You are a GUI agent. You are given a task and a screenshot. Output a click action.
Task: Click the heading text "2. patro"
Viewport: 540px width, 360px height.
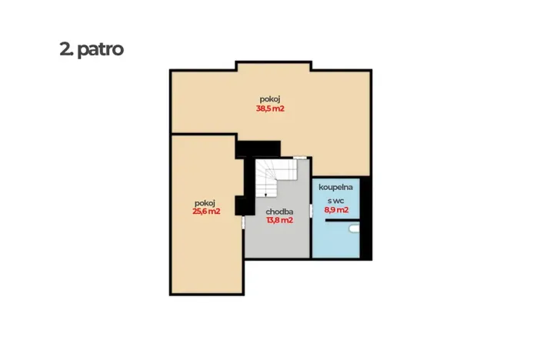coord(92,49)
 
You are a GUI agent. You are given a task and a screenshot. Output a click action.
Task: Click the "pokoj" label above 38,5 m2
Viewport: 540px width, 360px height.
coord(270,99)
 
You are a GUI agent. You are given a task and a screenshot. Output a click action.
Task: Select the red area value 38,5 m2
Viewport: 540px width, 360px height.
coord(270,108)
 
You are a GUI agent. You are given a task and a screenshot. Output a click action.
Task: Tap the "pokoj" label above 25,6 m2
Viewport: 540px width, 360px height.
coord(205,203)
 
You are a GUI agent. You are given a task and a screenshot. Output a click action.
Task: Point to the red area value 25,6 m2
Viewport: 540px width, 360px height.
coord(206,212)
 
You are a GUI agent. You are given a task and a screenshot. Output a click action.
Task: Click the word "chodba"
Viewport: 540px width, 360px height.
coord(279,212)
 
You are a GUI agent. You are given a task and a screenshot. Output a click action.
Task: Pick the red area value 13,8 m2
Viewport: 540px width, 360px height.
coord(280,220)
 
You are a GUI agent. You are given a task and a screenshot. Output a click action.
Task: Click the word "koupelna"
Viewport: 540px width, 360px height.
coord(336,188)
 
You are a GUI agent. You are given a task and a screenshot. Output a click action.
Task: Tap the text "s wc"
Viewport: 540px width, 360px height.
coord(336,201)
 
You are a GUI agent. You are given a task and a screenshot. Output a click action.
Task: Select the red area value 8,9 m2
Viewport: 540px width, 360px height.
coord(336,209)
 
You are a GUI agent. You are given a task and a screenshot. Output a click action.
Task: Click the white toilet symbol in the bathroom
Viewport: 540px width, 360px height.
coord(355,228)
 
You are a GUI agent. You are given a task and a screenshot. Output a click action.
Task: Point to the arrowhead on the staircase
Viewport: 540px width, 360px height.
coord(266,195)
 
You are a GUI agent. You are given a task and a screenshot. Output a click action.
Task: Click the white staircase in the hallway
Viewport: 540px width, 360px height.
coord(276,178)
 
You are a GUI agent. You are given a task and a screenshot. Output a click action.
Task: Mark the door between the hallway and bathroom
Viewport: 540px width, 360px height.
coord(311,211)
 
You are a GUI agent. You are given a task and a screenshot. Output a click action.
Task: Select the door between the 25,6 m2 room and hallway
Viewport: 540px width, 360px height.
coord(243,222)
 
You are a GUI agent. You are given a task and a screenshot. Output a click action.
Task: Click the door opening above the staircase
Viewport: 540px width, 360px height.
coord(300,158)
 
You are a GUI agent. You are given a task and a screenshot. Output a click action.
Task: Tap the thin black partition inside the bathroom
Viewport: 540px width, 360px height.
coord(342,220)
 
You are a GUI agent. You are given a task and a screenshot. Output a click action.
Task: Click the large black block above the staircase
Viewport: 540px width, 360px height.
coord(258,149)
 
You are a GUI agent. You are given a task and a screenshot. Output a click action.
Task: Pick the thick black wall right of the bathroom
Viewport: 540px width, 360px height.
coord(365,218)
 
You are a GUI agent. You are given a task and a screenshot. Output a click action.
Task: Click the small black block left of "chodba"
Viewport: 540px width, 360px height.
coord(241,205)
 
